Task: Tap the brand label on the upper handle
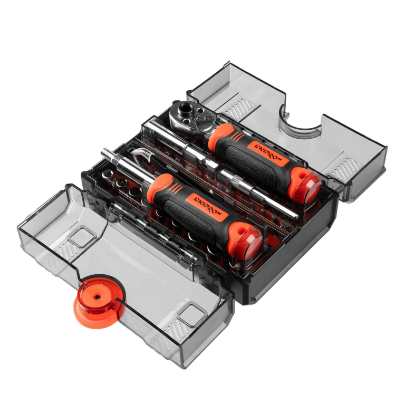tap(268, 154)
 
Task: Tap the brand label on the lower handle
tap(208, 207)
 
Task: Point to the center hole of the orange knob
tap(97, 297)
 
